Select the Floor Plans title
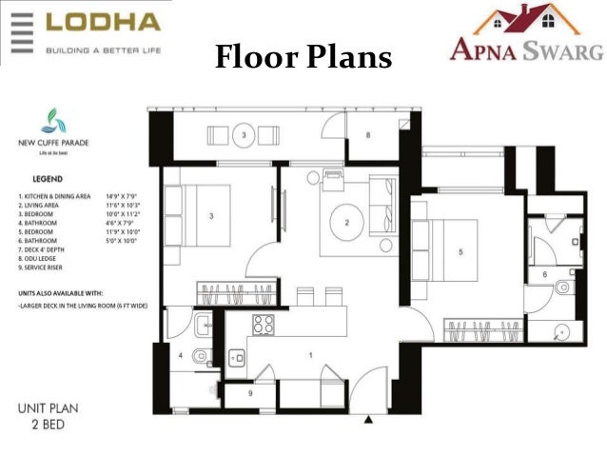point(303,58)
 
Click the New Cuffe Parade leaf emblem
point(49,122)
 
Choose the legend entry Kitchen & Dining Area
point(51,194)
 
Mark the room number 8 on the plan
point(368,136)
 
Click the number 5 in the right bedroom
point(460,252)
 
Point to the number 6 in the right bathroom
point(544,274)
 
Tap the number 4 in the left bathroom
point(180,355)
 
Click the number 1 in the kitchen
point(309,354)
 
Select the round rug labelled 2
point(347,223)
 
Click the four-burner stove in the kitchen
point(263,325)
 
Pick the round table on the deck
point(245,136)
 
